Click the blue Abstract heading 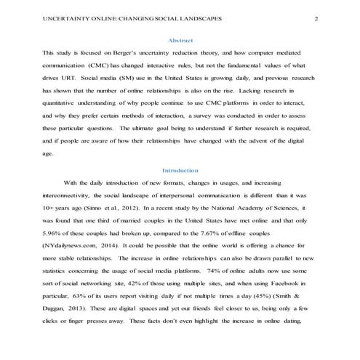(x=180, y=41)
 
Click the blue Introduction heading (x=180, y=169)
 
